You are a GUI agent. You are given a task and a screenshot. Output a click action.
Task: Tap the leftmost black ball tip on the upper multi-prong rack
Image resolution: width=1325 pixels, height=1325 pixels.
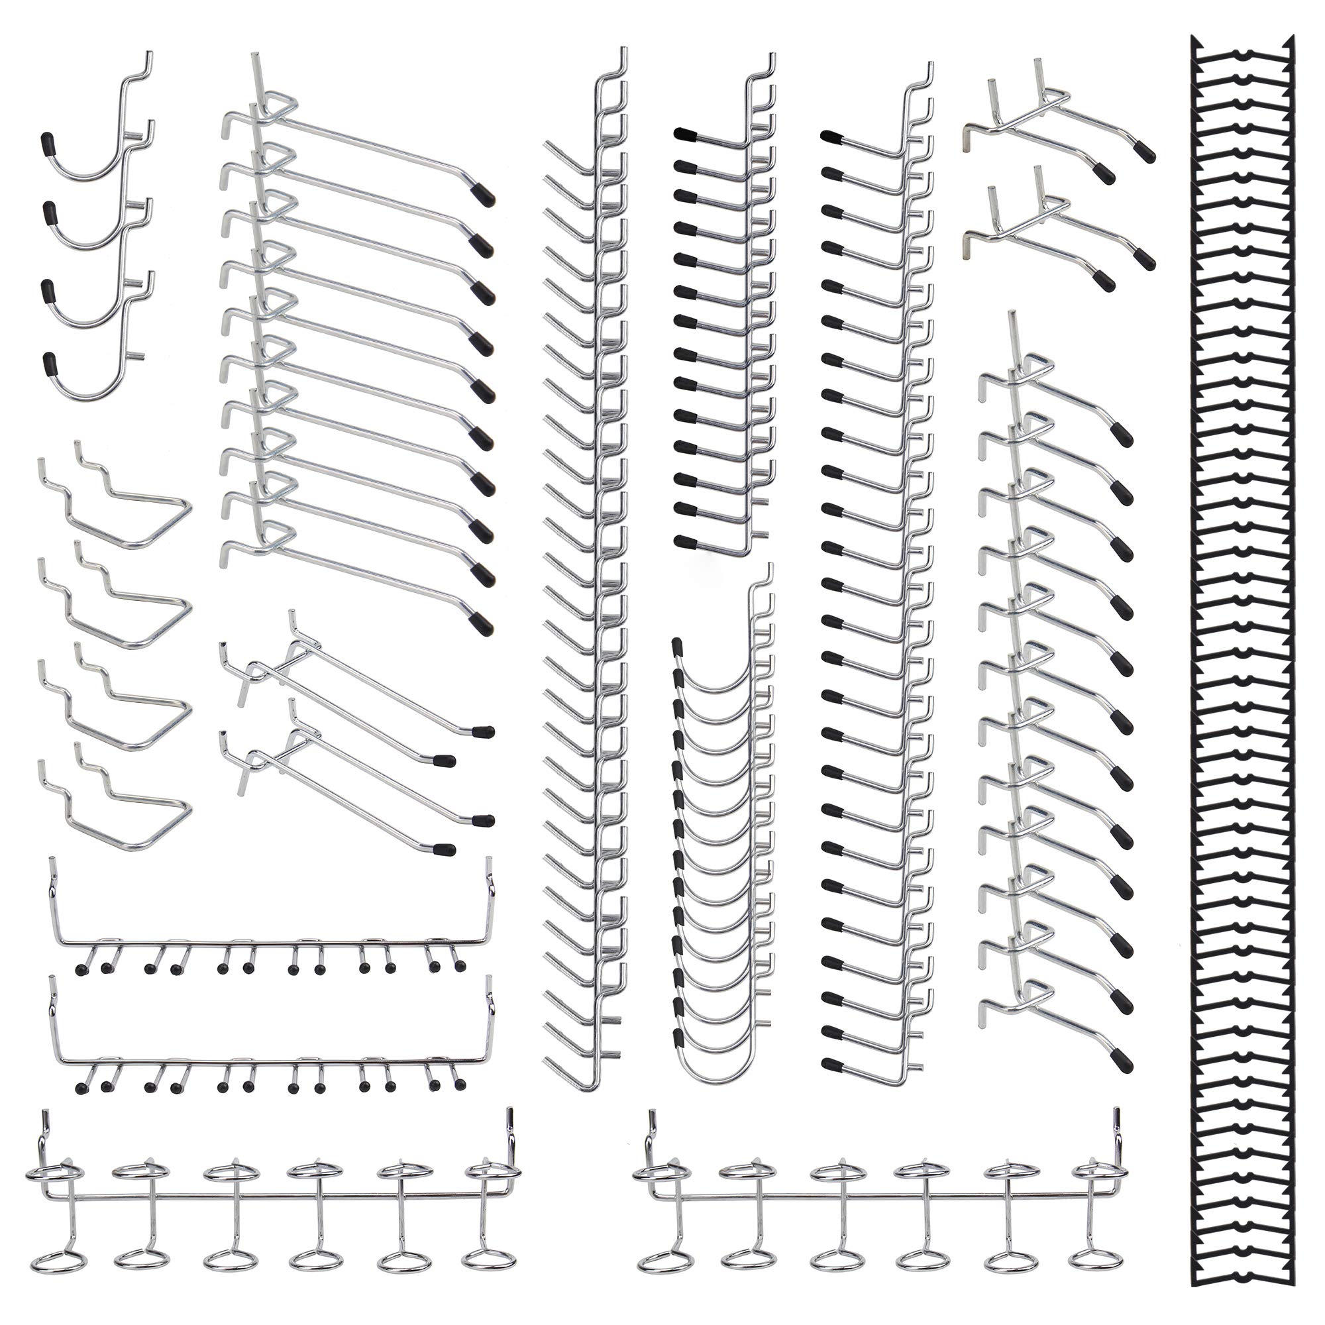(81, 971)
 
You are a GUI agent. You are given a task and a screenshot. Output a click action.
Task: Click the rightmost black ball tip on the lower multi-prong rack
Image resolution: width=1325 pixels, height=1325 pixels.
(460, 1085)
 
